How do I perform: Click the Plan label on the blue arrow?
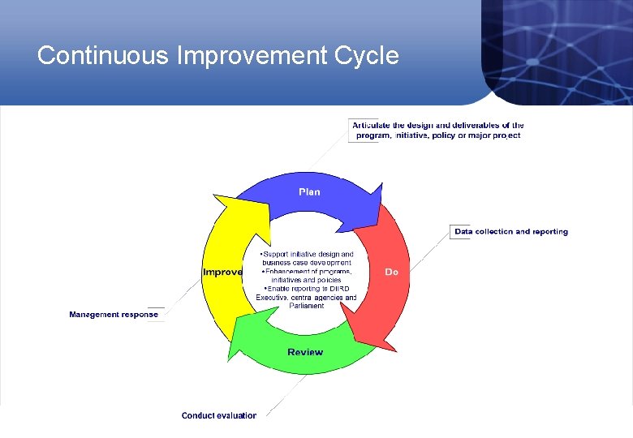(309, 192)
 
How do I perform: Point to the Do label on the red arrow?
(391, 273)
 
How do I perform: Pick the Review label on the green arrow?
(305, 352)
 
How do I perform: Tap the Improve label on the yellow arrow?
(222, 273)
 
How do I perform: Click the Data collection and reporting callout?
(511, 232)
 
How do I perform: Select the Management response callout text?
(114, 315)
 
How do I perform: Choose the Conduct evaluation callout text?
(219, 415)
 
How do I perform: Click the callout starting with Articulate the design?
(437, 131)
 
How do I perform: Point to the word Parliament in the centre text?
(306, 306)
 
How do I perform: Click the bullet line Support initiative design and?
(308, 255)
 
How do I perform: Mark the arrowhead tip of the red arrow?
(355, 340)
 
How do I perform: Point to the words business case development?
(307, 263)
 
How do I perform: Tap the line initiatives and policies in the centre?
(307, 280)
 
